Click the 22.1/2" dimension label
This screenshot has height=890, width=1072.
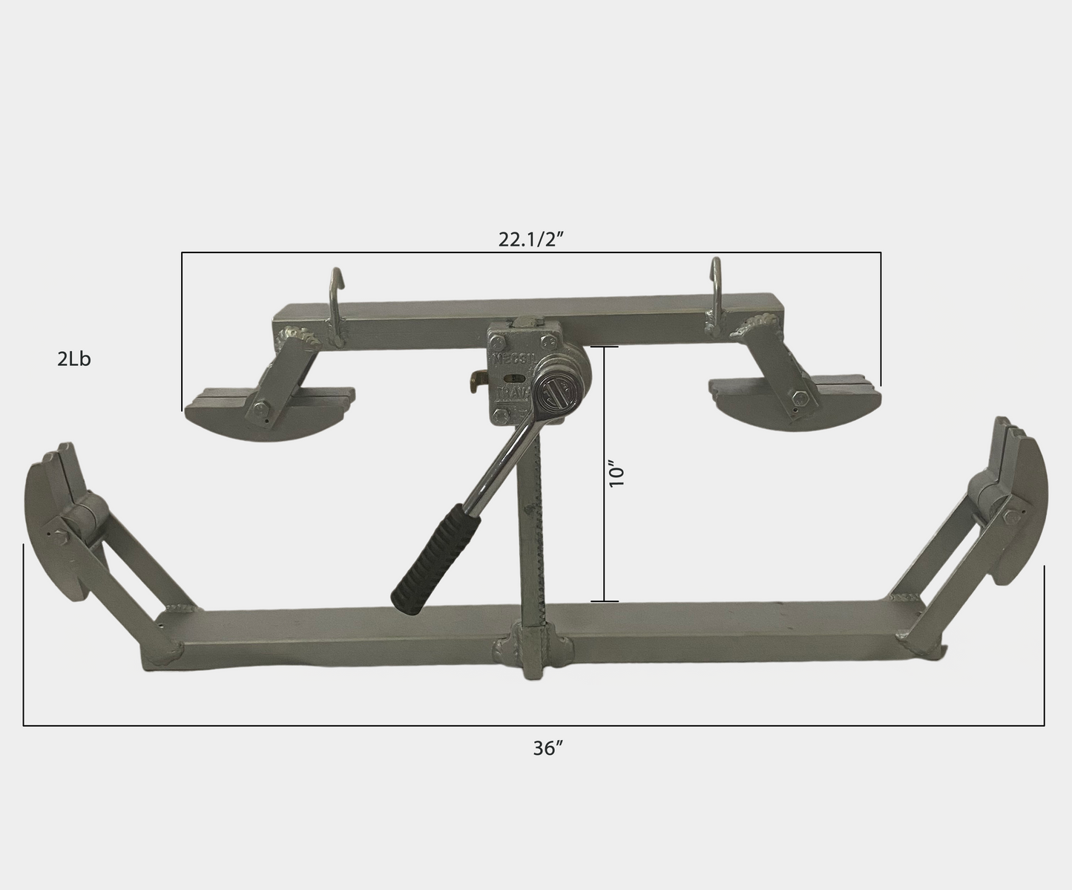[533, 240]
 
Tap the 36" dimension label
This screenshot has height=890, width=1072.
[548, 749]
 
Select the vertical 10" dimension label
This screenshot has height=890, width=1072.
[617, 474]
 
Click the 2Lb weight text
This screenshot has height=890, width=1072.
[74, 359]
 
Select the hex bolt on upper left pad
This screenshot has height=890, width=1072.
[262, 408]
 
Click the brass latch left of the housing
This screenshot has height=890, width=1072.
[476, 383]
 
